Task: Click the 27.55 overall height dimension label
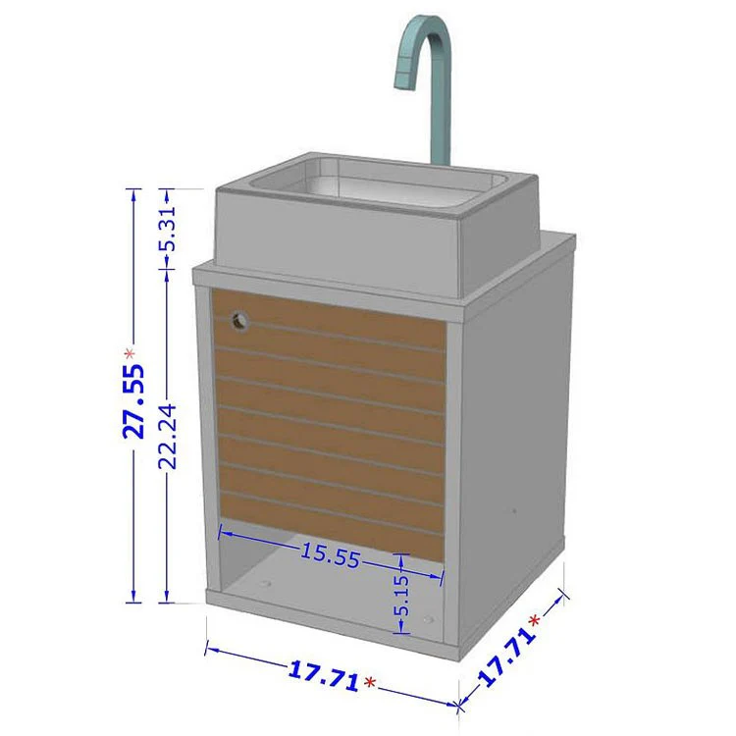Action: (x=133, y=401)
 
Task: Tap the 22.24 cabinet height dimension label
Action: (x=167, y=437)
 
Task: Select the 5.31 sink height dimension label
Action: (x=168, y=229)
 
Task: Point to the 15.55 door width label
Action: (x=331, y=555)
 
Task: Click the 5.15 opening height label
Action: (x=401, y=596)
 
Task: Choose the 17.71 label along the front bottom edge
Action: (x=324, y=676)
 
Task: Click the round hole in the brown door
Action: (x=239, y=322)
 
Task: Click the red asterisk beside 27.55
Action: (x=130, y=354)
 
